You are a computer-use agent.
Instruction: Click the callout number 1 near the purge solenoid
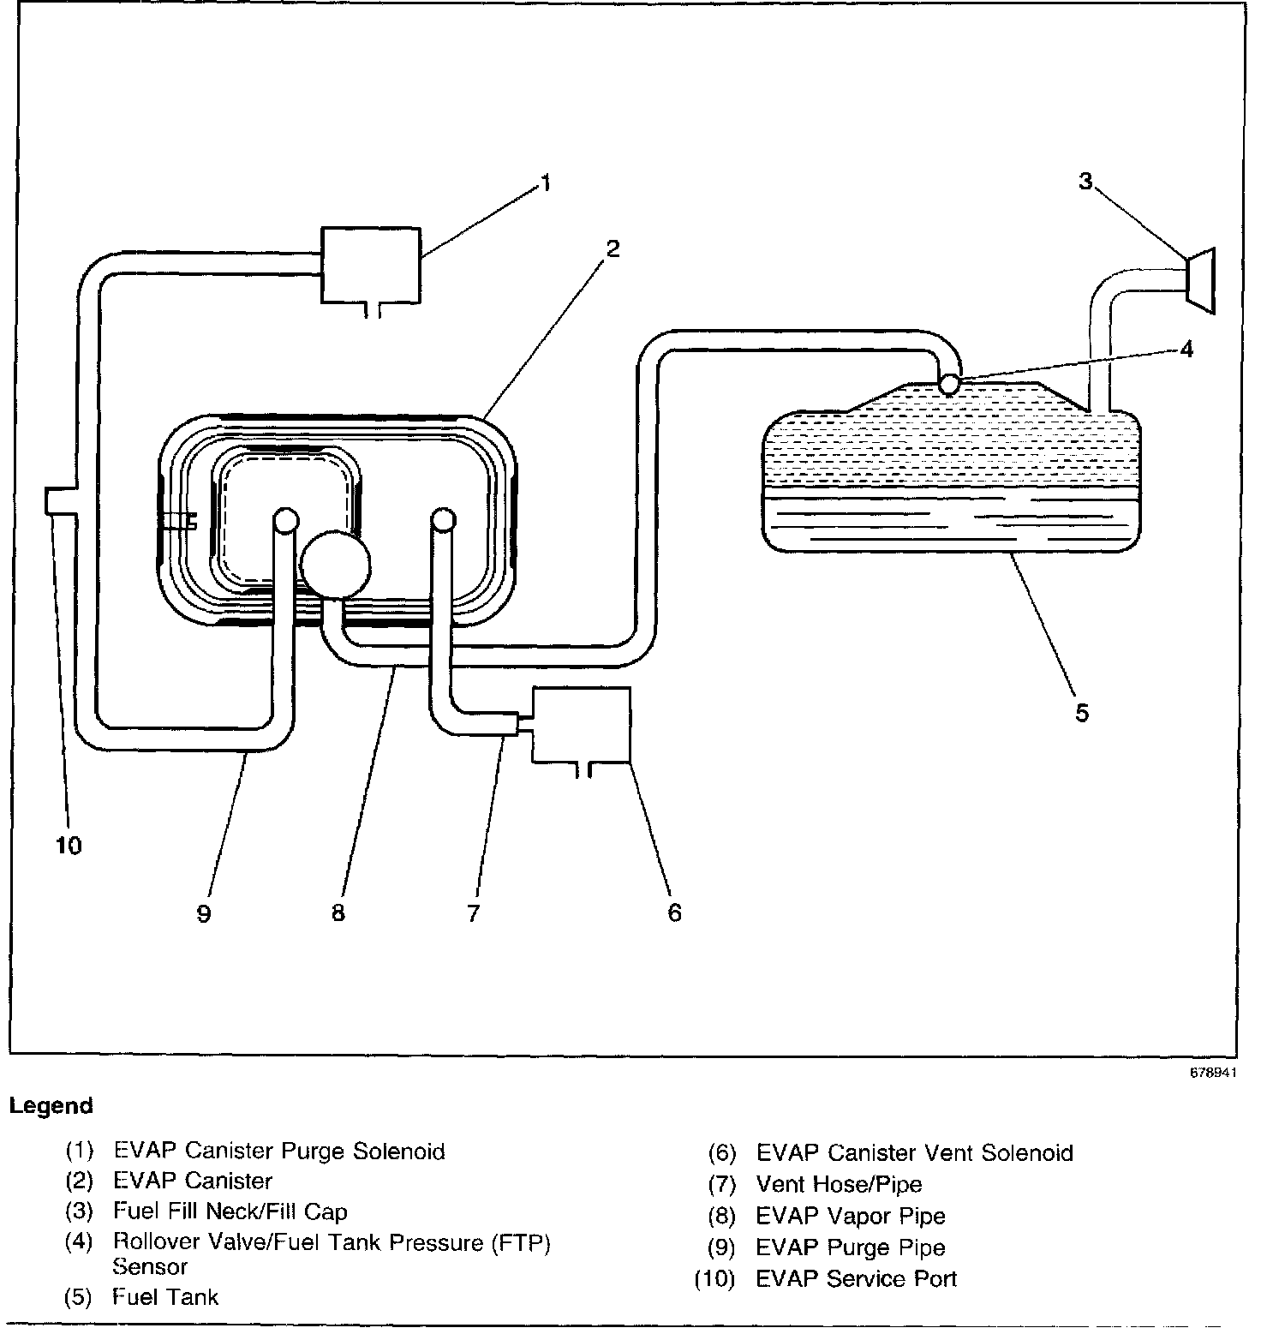(x=545, y=183)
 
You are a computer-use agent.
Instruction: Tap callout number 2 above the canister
(x=612, y=249)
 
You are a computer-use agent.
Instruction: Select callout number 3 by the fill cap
(x=1085, y=182)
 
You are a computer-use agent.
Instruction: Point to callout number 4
(x=1186, y=350)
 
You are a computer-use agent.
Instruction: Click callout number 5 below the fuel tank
(x=1082, y=713)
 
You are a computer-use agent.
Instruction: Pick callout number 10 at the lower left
(x=69, y=846)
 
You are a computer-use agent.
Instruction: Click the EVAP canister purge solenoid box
(x=370, y=265)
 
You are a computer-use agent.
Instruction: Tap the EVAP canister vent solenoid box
(x=582, y=724)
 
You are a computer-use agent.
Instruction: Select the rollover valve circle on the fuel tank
(x=949, y=384)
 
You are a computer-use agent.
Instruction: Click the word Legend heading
(x=51, y=1106)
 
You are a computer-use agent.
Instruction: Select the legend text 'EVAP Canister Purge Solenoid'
(x=279, y=1151)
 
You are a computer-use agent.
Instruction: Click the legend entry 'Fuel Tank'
(x=165, y=1297)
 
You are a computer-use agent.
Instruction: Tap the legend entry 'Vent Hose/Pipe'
(x=839, y=1185)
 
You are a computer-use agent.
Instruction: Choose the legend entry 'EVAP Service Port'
(x=856, y=1279)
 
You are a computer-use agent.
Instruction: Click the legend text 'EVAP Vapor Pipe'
(x=851, y=1217)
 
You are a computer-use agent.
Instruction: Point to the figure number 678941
(x=1211, y=1073)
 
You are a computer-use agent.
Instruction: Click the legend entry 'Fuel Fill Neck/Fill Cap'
(x=230, y=1211)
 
